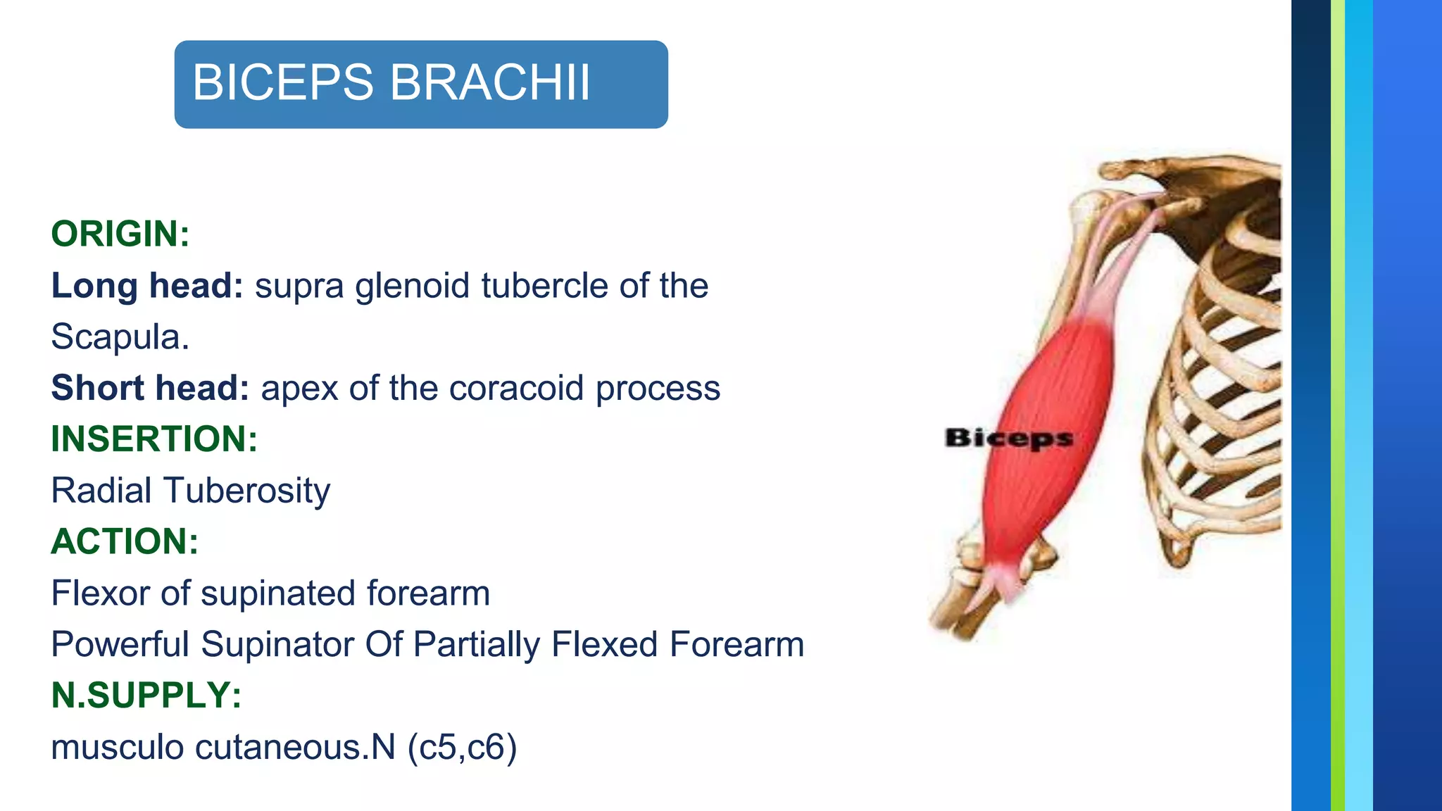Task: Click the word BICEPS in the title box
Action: point(282,82)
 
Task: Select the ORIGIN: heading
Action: point(120,234)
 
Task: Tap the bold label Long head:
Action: point(147,286)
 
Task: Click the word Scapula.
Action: point(120,337)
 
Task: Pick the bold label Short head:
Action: point(150,388)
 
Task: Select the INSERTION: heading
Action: point(154,439)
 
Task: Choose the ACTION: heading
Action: point(125,541)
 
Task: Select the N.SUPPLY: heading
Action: point(146,696)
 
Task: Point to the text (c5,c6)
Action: point(462,747)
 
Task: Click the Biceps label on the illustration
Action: point(1008,438)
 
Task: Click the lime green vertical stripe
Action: point(1337,405)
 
